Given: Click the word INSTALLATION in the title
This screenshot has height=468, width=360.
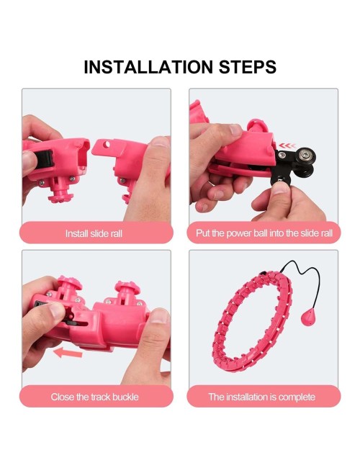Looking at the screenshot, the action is click(x=148, y=67).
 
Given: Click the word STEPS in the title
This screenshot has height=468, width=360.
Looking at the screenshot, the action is click(x=248, y=67).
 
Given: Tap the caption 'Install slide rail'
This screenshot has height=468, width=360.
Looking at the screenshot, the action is click(x=94, y=233).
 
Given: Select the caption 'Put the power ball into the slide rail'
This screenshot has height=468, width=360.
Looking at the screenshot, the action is click(x=264, y=233).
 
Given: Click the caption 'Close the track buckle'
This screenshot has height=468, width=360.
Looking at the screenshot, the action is click(x=94, y=397).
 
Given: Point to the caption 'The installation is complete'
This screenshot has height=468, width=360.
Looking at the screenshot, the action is click(x=262, y=397).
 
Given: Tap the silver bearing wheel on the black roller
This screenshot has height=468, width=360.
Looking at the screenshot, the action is click(x=305, y=155).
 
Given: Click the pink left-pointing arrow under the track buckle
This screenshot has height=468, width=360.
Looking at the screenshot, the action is click(x=68, y=353).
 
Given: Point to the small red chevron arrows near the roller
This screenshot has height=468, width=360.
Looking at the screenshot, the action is click(x=287, y=146).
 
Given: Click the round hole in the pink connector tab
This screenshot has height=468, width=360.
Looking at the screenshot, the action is click(x=107, y=145).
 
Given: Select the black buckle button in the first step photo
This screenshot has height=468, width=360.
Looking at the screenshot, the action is click(x=45, y=163).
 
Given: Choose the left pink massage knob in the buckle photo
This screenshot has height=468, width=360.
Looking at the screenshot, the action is click(x=70, y=282).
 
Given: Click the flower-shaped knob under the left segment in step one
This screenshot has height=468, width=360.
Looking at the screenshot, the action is click(x=60, y=197).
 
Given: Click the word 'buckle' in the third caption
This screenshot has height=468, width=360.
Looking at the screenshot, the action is click(x=126, y=397).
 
